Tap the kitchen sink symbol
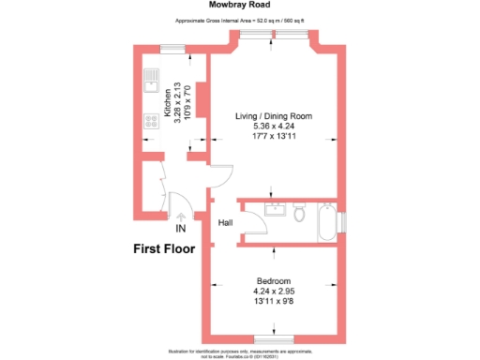pos(151,83)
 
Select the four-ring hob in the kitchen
pos(150,120)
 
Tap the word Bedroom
pos(274,281)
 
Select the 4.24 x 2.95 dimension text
pos(274,292)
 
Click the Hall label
pos(225,223)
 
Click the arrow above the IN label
pos(180,217)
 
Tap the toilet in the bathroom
pos(299,215)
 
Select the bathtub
pos(326,220)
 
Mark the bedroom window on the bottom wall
pos(274,338)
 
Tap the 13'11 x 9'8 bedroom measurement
pos(274,302)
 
